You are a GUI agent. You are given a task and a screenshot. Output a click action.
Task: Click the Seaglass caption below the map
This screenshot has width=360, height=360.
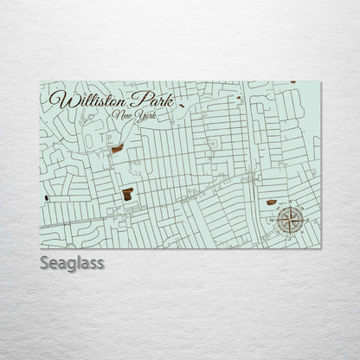[72, 263]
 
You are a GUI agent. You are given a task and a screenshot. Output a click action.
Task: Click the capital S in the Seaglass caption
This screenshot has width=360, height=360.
[45, 263]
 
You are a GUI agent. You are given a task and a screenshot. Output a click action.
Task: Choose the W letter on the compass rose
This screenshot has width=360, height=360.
[273, 218]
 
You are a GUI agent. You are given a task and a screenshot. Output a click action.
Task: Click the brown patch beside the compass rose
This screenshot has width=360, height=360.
[271, 202]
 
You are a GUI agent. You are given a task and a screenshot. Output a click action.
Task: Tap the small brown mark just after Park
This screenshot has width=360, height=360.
[182, 106]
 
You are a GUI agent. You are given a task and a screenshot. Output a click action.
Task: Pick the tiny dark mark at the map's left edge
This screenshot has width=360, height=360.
[45, 197]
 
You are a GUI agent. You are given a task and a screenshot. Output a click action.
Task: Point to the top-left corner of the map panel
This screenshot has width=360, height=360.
[40, 81]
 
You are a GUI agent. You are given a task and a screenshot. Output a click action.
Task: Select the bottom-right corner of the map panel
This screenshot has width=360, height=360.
[320, 247]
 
